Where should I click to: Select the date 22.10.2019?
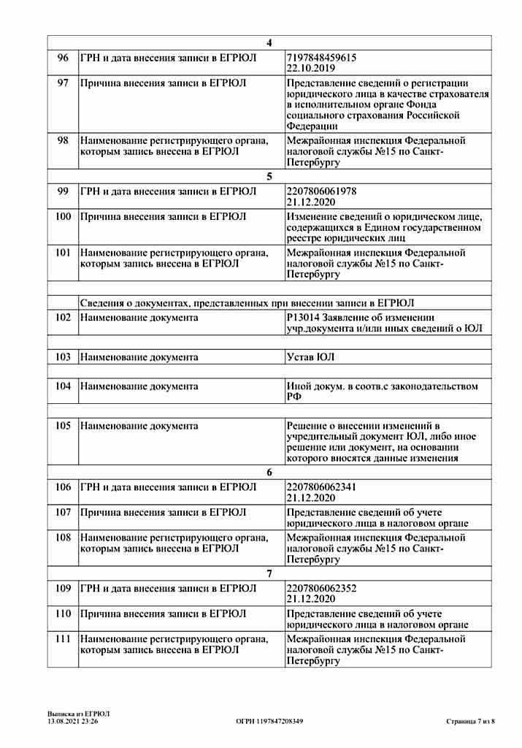click(x=310, y=68)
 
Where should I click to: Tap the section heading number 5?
click(x=269, y=176)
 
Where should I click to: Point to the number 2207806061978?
click(x=322, y=191)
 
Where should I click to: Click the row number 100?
click(x=63, y=216)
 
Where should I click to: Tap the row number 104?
click(x=63, y=386)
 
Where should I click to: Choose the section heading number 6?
click(x=269, y=472)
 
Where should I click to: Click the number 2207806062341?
click(x=322, y=487)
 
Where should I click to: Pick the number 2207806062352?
click(x=322, y=588)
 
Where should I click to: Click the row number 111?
click(x=63, y=638)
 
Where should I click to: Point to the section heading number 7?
click(x=269, y=573)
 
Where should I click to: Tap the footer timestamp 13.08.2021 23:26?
click(x=73, y=722)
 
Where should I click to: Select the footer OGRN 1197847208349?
click(x=269, y=722)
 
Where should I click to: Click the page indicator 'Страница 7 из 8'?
click(x=470, y=722)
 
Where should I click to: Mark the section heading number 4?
click(x=269, y=42)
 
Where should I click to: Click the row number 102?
click(x=63, y=318)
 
